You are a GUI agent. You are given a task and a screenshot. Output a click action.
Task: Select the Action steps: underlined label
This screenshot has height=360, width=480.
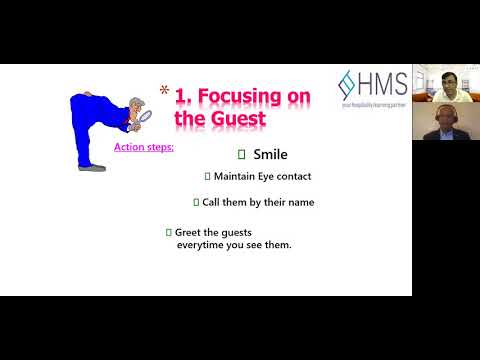[144, 147]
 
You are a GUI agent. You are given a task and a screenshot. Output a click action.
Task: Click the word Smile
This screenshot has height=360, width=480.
[270, 155]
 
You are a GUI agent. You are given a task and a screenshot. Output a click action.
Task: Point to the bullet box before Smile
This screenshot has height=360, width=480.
[241, 155]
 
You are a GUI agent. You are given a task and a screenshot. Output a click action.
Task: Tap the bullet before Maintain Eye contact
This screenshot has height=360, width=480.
[207, 176]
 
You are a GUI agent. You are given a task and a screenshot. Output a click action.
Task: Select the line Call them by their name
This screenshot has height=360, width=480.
[258, 202]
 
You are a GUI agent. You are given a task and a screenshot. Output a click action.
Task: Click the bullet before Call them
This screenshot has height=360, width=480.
[196, 202]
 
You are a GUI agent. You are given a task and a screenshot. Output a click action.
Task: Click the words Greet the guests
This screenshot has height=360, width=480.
[213, 232]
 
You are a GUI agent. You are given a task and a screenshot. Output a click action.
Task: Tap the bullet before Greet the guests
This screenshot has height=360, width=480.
[168, 232]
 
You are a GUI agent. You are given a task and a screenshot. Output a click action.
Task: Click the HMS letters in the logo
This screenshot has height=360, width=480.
[383, 83]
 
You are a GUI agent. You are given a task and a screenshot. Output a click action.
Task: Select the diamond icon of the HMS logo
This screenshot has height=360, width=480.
[348, 83]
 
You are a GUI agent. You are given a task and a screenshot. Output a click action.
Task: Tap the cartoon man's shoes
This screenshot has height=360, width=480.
[92, 167]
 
